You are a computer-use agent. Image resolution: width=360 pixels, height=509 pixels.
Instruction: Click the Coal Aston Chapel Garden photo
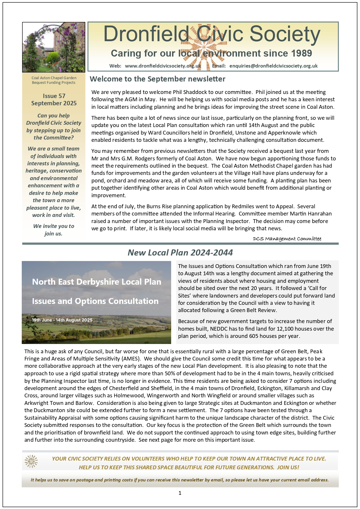[x=54, y=47]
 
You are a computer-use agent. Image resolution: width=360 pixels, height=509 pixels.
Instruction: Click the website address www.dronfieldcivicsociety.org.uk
[x=163, y=66]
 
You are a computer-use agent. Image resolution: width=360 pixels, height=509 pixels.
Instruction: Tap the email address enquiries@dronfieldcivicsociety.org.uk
[x=273, y=66]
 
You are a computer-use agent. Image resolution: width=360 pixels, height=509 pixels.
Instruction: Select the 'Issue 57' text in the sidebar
[x=54, y=96]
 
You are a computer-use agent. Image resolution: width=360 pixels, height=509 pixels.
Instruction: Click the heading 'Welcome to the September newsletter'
[x=158, y=79]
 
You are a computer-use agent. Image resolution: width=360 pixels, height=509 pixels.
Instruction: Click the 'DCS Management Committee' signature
[x=287, y=239]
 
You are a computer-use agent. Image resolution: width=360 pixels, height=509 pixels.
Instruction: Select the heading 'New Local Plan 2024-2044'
[x=180, y=253]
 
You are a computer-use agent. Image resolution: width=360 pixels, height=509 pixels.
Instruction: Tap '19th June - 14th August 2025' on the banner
[x=62, y=320]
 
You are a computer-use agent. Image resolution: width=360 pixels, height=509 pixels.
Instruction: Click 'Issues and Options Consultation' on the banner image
[x=95, y=301]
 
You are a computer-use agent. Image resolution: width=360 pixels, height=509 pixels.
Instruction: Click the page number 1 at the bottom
[x=180, y=493]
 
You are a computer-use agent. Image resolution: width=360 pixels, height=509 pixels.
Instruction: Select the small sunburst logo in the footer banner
[x=31, y=461]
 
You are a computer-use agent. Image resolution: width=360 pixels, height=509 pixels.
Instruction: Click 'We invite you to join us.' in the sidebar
[x=54, y=230]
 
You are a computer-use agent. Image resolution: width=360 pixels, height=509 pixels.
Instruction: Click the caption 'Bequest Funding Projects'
[x=54, y=83]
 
